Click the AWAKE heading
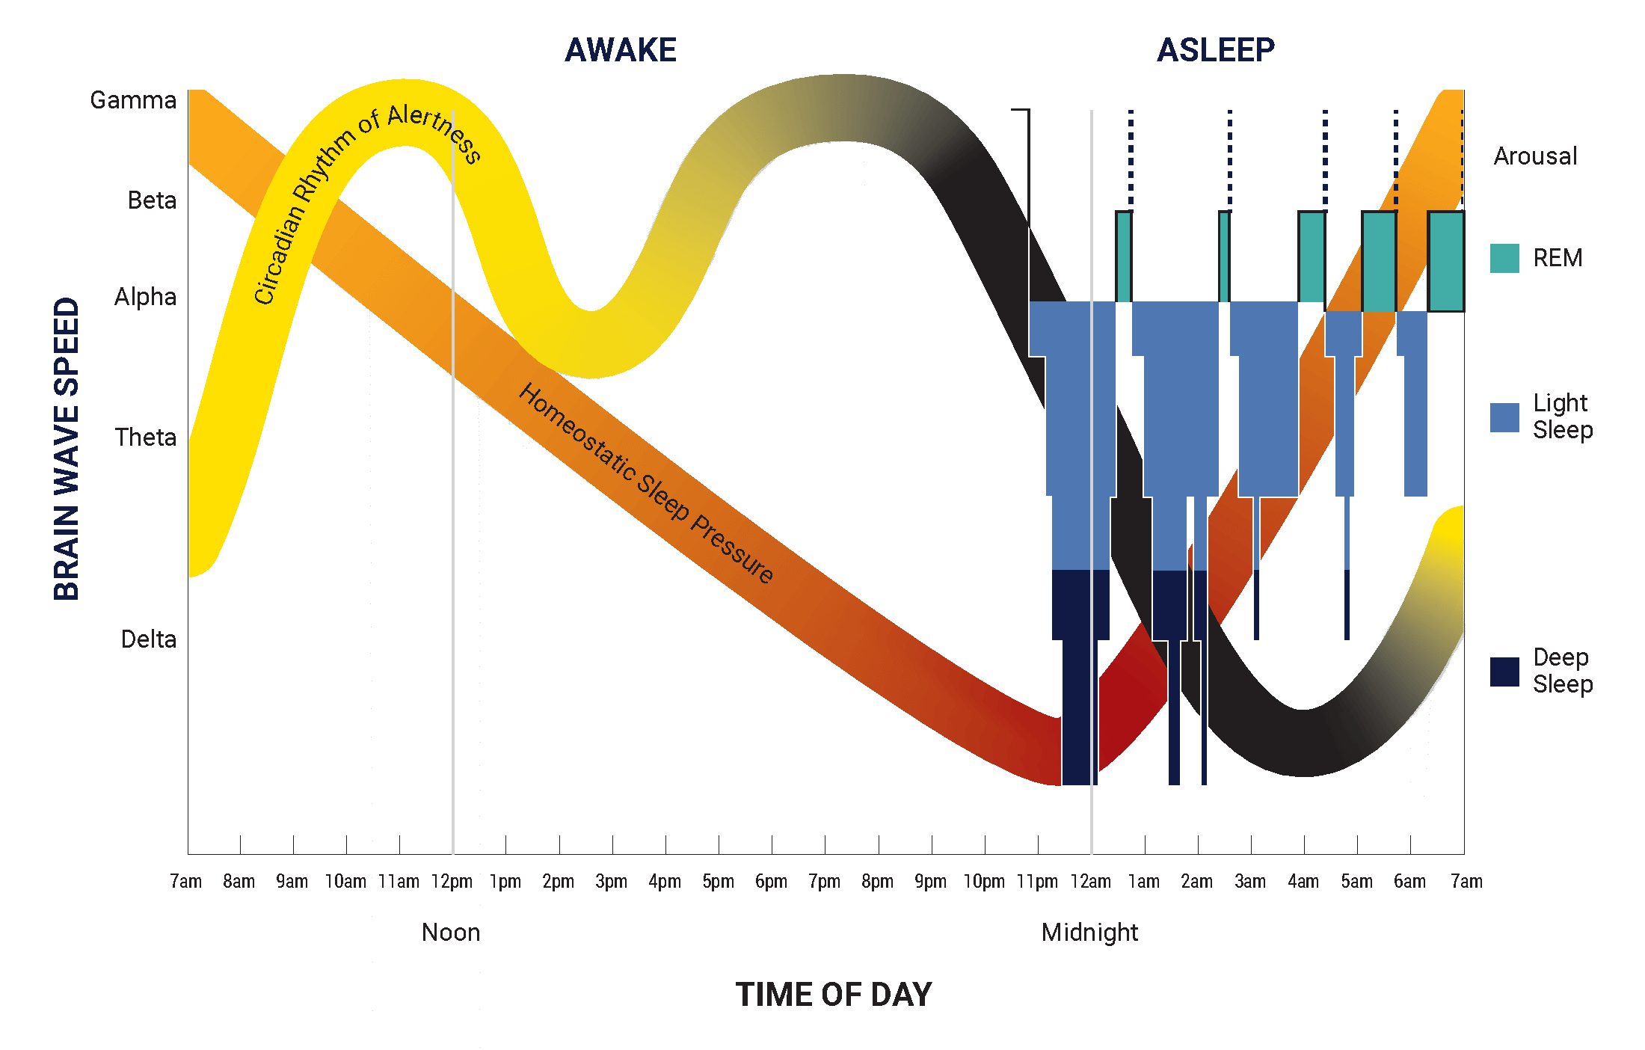621,50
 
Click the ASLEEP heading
1216,50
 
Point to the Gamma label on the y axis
133,100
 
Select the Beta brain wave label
152,200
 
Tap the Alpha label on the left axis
145,297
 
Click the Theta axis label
146,437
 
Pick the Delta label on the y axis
149,639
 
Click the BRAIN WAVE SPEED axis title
67,449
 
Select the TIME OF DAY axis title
834,995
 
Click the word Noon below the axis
451,933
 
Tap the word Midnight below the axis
1089,933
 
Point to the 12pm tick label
452,882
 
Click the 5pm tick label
718,882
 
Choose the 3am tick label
1250,882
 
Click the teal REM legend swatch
1504,258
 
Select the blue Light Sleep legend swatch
1504,417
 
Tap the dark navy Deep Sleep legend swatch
1504,672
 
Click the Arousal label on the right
1535,156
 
